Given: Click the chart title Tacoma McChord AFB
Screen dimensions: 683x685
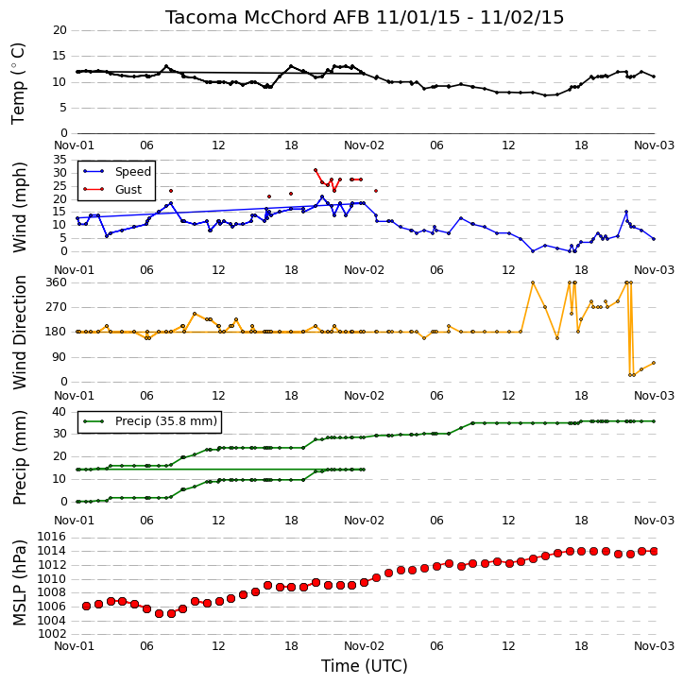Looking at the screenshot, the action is tap(268, 17).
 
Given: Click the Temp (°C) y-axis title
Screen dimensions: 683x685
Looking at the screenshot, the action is tap(18, 83).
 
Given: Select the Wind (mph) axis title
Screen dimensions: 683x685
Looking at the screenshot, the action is tap(19, 207).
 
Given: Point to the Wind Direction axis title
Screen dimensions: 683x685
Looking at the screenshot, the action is tap(19, 333).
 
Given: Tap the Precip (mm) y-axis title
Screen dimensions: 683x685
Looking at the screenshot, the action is tap(19, 457).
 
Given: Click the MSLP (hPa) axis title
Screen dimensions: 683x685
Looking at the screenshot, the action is tap(19, 583).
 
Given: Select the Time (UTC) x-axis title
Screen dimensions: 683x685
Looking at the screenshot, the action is tap(365, 666).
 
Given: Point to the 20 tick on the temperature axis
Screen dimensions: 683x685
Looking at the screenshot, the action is tap(60, 30).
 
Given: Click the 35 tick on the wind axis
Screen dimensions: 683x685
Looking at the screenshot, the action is tap(60, 160).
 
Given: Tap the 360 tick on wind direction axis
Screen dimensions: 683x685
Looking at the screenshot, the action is tap(57, 283).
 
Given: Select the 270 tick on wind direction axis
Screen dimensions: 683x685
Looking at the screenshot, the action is tap(57, 307).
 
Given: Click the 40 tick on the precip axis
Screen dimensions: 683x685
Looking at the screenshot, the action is tap(60, 412).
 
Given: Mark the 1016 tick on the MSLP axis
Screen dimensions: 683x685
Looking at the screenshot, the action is tap(52, 537).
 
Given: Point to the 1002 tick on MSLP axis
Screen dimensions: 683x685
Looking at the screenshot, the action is tap(52, 634).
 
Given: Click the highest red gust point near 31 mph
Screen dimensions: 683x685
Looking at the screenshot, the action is tap(316, 170).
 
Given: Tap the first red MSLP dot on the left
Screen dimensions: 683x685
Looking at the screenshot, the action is tap(87, 606).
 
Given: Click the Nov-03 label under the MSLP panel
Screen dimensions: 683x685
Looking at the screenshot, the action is tap(654, 646).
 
